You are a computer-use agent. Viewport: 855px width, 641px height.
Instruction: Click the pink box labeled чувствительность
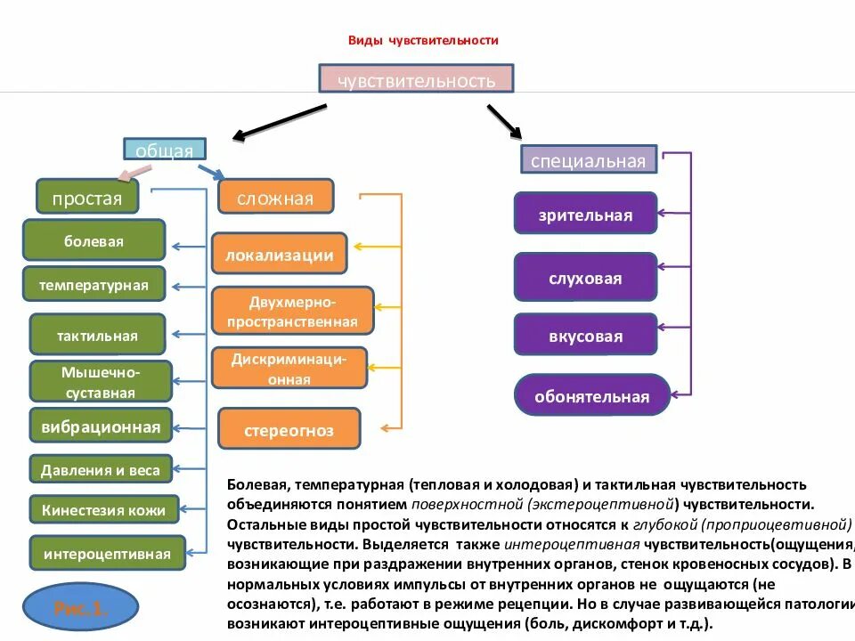(416, 79)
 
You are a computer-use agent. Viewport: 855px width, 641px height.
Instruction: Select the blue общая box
(165, 150)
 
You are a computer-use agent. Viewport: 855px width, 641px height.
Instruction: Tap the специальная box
(589, 160)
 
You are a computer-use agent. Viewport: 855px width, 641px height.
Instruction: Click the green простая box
(87, 197)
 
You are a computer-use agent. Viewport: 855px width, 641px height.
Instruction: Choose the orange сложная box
(275, 197)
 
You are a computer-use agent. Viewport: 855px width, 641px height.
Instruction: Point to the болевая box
(94, 240)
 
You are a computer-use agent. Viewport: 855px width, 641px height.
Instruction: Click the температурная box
(94, 285)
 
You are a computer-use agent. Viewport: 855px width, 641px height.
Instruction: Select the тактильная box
(97, 335)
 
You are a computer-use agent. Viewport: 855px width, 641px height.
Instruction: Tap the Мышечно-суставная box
(100, 381)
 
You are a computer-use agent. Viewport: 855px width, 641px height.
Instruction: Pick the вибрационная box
(100, 426)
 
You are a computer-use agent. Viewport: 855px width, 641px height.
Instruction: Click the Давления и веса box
(100, 470)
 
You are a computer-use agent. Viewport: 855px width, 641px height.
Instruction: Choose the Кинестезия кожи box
(103, 510)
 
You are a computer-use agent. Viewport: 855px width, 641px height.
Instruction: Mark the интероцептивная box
(107, 553)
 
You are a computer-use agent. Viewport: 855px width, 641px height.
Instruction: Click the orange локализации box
(280, 255)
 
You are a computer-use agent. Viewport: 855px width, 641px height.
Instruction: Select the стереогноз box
(289, 430)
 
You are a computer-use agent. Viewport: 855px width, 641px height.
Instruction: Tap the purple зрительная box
(585, 215)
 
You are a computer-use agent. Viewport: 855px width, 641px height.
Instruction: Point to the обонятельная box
(591, 395)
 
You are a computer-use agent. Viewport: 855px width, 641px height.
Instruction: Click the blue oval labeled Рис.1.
(80, 609)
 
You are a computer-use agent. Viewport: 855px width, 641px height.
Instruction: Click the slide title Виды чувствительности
(422, 41)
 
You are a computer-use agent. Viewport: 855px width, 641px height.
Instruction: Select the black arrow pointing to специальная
(503, 122)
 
